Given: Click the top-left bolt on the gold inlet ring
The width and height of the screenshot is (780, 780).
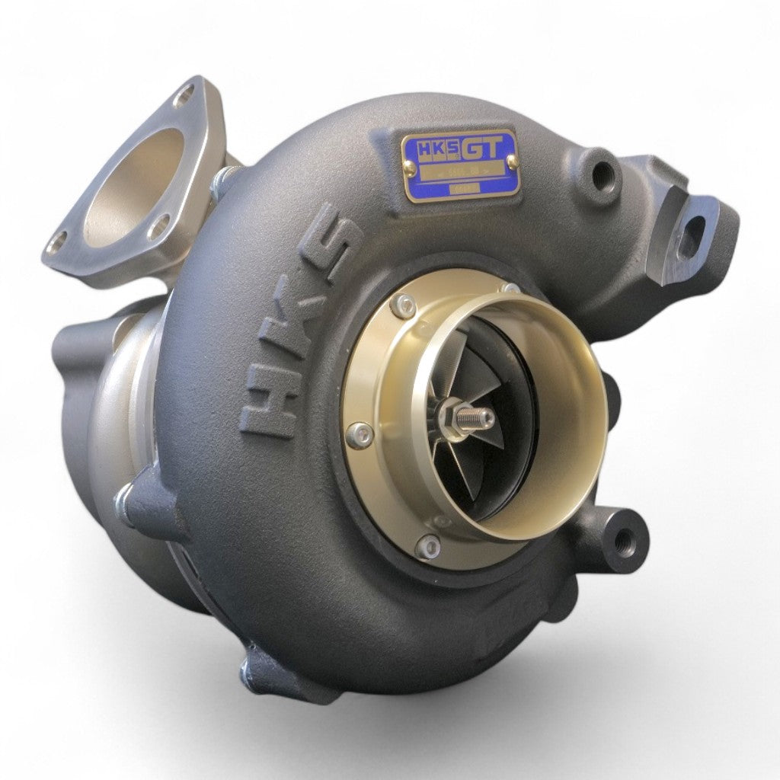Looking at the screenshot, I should point(404,306).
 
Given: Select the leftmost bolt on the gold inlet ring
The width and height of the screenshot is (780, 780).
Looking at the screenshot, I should point(360,435).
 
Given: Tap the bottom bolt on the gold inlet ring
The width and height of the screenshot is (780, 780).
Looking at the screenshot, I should point(429,545).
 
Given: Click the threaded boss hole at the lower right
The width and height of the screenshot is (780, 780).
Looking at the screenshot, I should point(625,540).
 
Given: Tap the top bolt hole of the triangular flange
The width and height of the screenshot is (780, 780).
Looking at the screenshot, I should point(184,96).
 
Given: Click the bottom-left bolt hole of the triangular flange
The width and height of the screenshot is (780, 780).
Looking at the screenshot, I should point(57,243).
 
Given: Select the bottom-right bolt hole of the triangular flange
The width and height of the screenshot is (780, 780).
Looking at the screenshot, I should point(159,226).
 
